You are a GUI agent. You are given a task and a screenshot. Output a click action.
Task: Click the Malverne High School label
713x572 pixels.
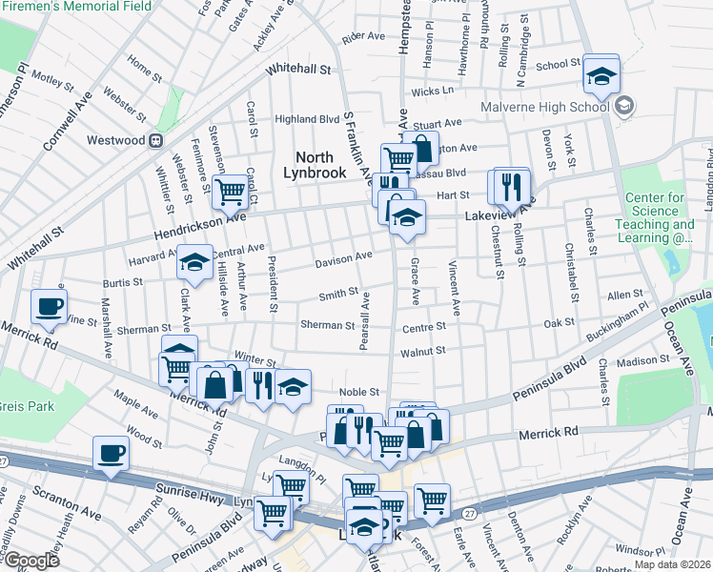544,107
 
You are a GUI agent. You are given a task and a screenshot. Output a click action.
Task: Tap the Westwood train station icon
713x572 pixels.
154,140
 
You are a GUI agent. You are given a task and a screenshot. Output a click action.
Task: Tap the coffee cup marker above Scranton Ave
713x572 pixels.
111,453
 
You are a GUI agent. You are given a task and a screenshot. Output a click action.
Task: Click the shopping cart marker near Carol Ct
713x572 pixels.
230,193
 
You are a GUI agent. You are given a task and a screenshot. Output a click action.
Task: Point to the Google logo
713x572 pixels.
32,561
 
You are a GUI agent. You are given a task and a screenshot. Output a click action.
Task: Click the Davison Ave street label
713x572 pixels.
344,258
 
